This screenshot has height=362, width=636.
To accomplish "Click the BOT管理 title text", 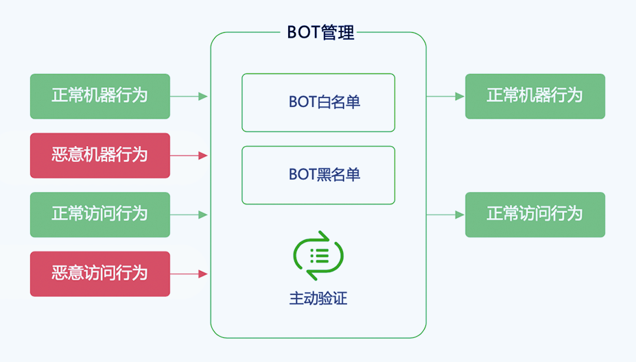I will coord(320,32).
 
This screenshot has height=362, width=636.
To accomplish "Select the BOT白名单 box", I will coord(318,102).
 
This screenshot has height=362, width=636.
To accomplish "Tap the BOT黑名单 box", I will coord(318,175).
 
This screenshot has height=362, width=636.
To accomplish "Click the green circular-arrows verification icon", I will coord(318,256).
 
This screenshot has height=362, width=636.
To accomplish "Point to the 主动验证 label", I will coord(318,299).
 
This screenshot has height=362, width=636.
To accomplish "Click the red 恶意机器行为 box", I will coord(99,156).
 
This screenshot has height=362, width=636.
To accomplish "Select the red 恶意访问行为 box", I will coord(99,274).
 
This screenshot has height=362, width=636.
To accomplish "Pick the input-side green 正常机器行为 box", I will coord(99,96).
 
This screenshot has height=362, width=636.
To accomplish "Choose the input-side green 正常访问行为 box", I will coord(99,215).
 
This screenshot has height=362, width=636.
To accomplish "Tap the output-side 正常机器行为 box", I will coord(534,96).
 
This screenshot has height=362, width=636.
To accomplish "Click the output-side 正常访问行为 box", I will coord(534,215).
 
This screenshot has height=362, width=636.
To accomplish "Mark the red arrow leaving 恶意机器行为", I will coord(189,156).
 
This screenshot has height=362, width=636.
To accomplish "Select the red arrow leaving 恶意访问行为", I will coord(189,274).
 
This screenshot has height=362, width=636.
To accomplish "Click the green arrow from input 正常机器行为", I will coord(189,96).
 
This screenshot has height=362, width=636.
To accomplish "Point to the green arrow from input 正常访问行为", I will coord(189,215).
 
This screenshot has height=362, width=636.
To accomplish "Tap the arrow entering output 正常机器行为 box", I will coord(445,96).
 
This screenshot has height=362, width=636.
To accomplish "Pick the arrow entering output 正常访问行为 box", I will coord(445,215).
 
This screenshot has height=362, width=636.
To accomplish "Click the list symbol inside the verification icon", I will coord(319,256).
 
